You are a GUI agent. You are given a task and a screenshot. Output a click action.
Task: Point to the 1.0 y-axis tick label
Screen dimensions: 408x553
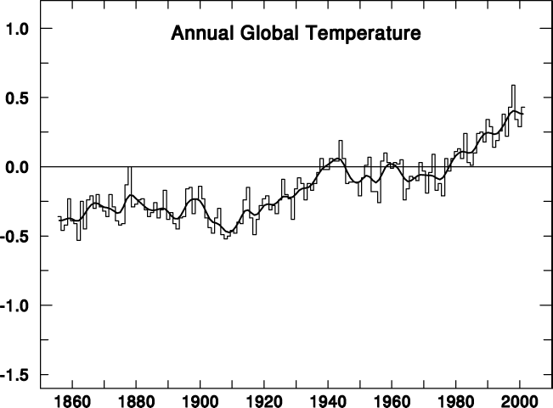[x=17, y=29]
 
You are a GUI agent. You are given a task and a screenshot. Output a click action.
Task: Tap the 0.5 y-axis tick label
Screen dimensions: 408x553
[x=17, y=98]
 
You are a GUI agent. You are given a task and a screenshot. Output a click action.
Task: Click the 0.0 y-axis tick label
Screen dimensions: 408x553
[x=17, y=167]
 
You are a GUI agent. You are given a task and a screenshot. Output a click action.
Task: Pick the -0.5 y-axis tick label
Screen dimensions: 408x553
[x=15, y=236]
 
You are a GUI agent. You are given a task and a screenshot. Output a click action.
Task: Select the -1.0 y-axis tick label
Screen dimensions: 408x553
[x=15, y=305]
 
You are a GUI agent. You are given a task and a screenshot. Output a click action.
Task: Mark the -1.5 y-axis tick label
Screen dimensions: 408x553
[x=15, y=374]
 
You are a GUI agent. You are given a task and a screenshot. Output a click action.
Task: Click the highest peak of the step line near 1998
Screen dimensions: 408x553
[x=513, y=86]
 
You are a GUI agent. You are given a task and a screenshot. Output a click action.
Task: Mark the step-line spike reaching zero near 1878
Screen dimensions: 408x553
[x=129, y=167]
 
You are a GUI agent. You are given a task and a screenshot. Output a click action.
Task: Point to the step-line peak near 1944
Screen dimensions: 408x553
[x=341, y=141]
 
